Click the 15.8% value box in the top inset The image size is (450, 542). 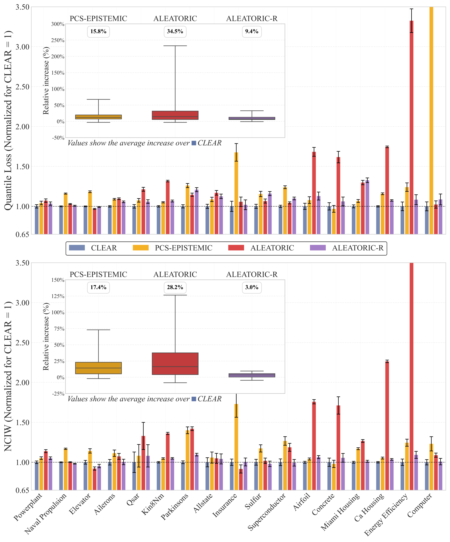[x=98, y=31]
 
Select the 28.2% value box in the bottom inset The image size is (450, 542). [x=175, y=287]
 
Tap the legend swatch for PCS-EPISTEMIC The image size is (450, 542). [x=141, y=248]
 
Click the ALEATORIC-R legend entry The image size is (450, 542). [x=358, y=248]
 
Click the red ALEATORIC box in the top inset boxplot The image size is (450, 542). [x=175, y=115]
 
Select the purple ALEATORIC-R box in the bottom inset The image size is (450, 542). [x=252, y=375]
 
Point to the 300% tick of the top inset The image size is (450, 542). [x=58, y=24]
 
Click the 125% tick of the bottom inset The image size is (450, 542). [x=58, y=296]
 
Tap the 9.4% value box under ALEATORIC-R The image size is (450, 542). [x=252, y=31]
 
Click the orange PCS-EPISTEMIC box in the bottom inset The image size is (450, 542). [x=98, y=368]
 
